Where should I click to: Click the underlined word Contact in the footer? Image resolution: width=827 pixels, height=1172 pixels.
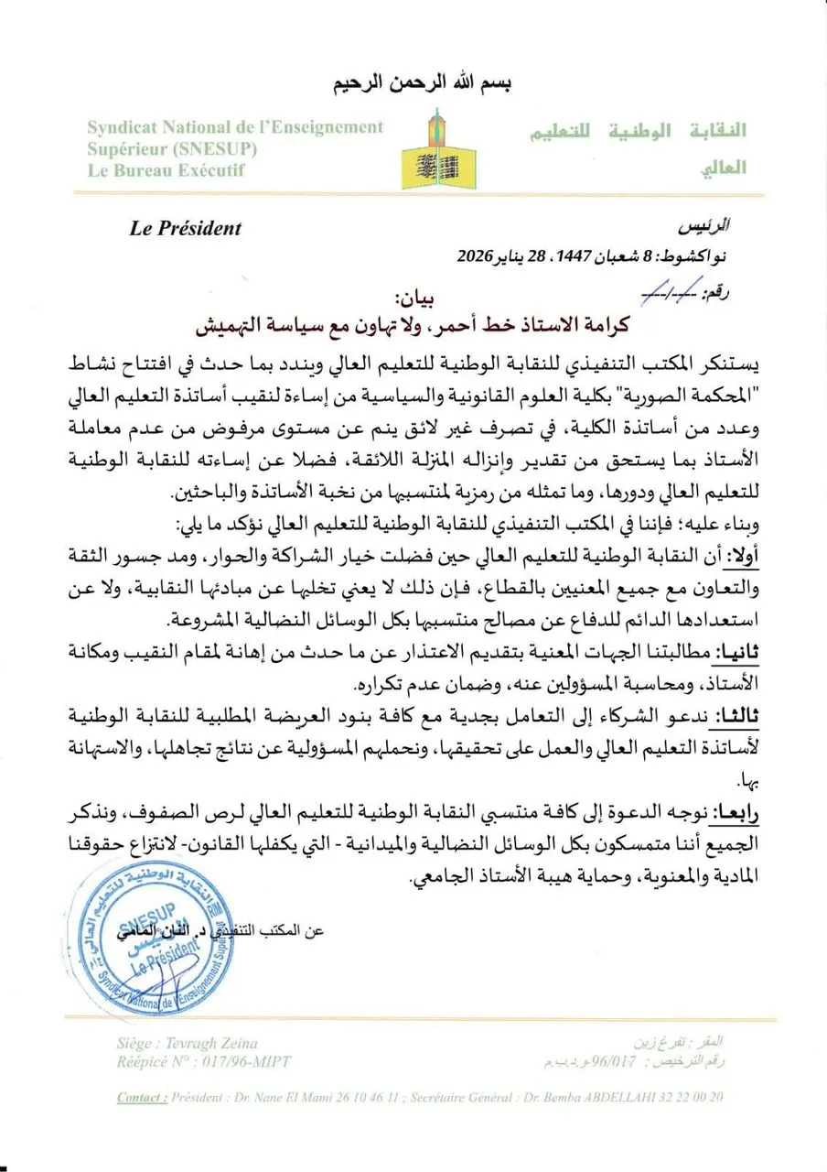point(142,1097)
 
